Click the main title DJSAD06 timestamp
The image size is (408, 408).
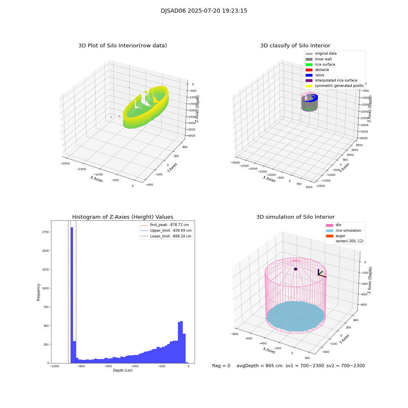click(204, 11)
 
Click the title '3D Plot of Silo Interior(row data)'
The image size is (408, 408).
click(122, 46)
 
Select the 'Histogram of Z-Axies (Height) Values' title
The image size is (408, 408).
click(122, 217)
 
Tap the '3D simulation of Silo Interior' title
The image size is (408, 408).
click(295, 217)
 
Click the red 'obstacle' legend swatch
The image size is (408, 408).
click(309, 70)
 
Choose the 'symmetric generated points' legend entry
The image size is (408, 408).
click(339, 86)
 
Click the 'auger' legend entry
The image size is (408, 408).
click(340, 236)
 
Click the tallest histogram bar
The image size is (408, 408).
click(72, 294)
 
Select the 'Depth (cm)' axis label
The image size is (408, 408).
click(122, 370)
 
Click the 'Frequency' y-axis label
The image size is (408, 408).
click(39, 292)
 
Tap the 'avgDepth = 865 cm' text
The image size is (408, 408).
click(259, 366)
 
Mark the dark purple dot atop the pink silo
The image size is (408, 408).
click(295, 269)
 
